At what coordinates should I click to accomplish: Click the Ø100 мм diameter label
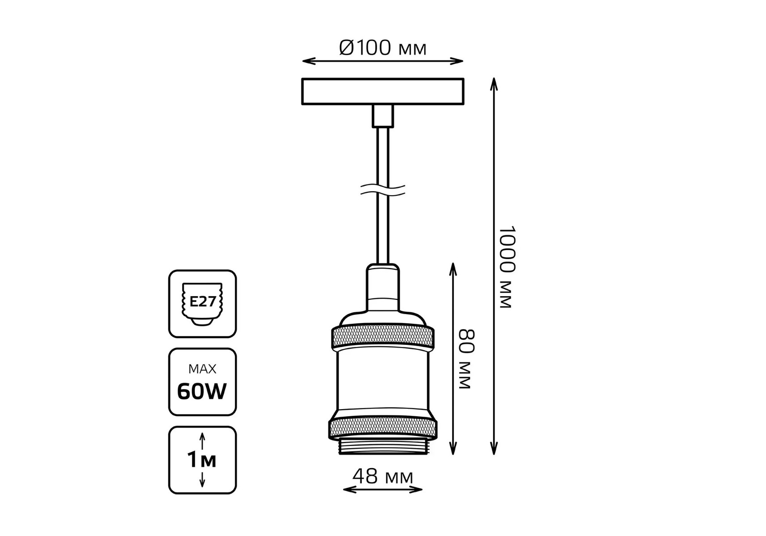383,48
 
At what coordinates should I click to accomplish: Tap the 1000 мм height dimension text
507,267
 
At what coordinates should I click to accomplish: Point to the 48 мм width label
383,477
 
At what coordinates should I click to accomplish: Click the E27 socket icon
202,304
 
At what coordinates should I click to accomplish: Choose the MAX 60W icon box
202,382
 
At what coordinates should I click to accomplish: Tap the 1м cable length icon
202,460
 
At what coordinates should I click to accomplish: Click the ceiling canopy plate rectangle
383,92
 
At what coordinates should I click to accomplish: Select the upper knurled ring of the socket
383,338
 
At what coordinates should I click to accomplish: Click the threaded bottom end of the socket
383,447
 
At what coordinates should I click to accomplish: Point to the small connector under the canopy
383,116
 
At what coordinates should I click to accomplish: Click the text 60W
202,392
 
